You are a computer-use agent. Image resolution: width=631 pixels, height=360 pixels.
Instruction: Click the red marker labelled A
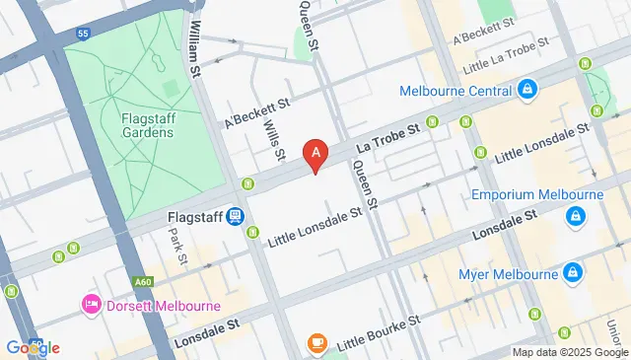tap(315, 154)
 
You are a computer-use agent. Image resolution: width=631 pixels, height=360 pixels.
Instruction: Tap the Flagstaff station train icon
tap(234, 216)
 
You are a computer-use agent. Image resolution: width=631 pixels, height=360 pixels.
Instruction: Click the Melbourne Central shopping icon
tap(527, 91)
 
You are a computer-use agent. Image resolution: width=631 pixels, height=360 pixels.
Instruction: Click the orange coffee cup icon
tap(316, 343)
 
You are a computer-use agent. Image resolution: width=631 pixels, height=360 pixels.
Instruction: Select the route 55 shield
tap(82, 34)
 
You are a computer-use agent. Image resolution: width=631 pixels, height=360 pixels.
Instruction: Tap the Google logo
tap(32, 347)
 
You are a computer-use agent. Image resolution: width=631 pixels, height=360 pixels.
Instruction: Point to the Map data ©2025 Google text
tap(569, 352)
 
